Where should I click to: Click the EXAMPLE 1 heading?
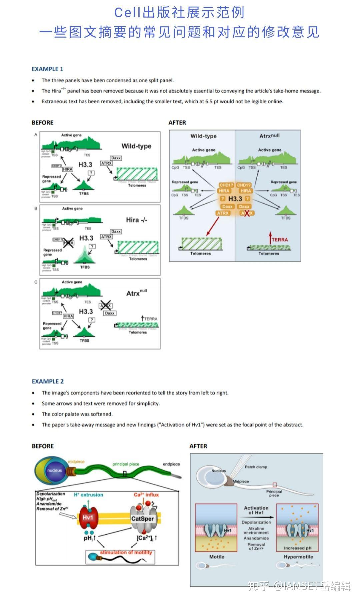point(47,69)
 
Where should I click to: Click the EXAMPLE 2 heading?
point(48,381)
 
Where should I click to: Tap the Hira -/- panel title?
point(137,220)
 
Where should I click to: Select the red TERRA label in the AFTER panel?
point(279,240)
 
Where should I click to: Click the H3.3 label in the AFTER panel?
point(235,199)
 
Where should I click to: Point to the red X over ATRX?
point(247,213)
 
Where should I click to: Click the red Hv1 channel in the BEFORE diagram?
point(88,517)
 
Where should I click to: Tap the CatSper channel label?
point(142,518)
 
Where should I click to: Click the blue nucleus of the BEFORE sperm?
point(54,471)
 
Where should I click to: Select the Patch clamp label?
point(256,467)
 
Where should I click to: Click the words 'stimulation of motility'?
point(126,552)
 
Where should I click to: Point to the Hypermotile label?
point(298,557)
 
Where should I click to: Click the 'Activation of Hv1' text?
point(256,510)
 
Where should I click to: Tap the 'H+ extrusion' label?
point(88,495)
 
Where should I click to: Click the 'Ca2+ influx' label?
point(146,495)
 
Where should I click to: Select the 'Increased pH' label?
point(298,548)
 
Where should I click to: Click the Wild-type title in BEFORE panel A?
point(136,146)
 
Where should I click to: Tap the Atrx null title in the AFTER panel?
point(269,136)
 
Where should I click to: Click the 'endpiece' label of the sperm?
point(171,464)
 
